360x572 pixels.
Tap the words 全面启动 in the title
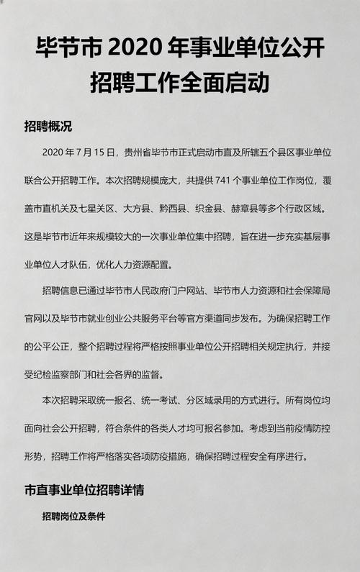pyautogui.click(x=235, y=82)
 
